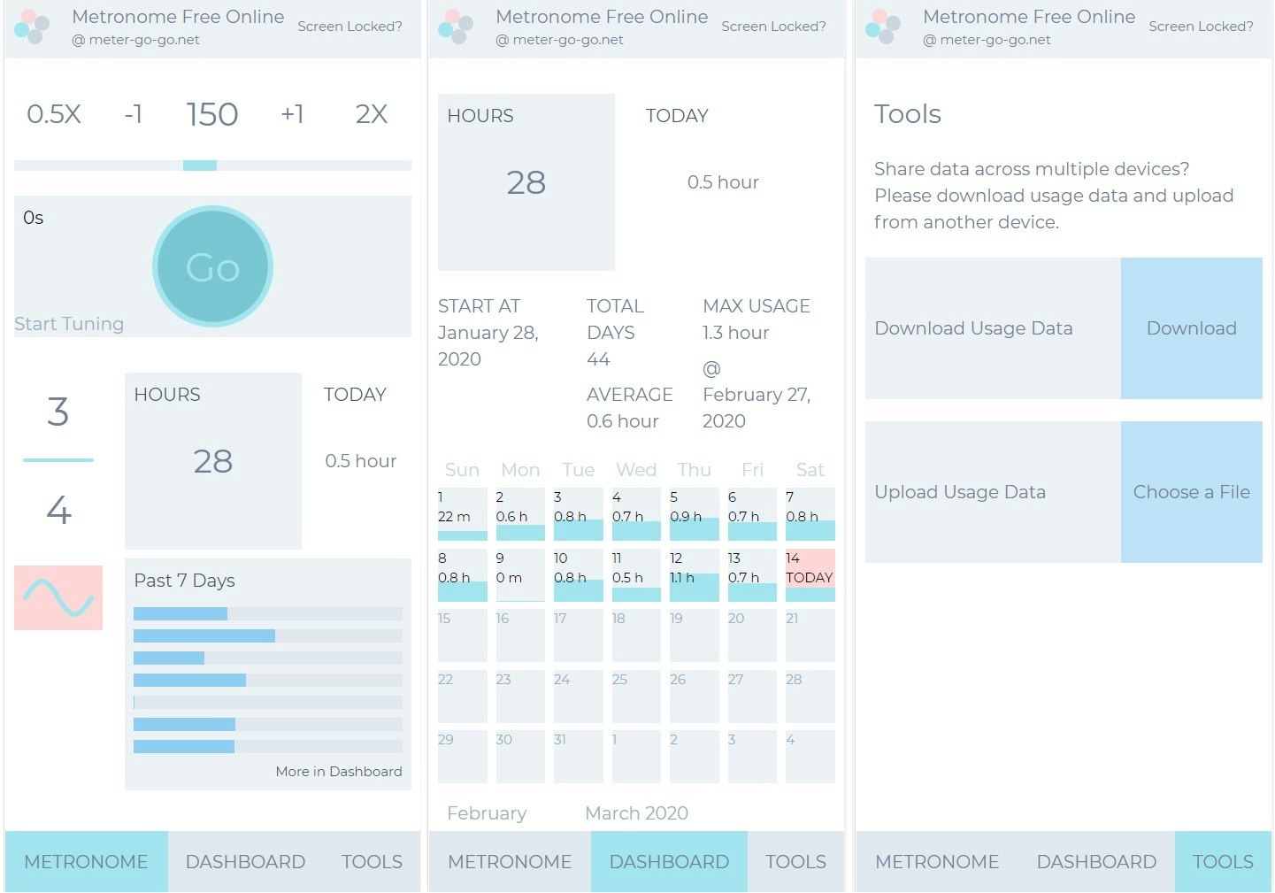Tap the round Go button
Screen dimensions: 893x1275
212,266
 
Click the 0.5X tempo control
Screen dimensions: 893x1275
54,114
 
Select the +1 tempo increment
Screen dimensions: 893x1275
292,114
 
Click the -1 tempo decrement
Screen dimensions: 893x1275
134,114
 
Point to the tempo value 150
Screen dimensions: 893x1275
212,114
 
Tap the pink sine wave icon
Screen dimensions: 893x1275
58,597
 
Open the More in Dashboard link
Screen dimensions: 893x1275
338,772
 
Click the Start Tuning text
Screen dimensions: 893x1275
69,324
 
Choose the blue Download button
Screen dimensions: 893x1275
1191,328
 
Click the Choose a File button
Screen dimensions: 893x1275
1191,492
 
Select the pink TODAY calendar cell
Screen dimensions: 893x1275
810,574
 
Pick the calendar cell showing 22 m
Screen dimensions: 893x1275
462,514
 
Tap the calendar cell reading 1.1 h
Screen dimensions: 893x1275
694,574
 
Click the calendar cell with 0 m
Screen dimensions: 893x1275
520,574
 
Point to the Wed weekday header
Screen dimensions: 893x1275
636,470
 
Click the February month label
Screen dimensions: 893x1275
487,813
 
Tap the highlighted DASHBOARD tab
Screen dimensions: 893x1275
669,862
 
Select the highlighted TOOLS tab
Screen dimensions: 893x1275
1223,862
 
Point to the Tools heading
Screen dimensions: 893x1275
908,114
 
